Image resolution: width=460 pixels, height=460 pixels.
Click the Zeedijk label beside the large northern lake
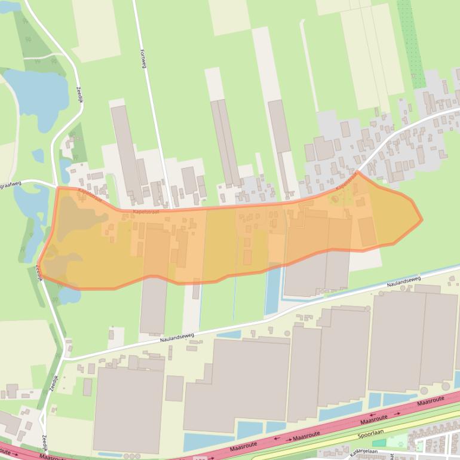[x=79, y=95]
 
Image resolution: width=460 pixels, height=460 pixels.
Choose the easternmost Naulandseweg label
[x=403, y=281]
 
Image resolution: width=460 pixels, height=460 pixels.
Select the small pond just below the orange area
[x=68, y=295]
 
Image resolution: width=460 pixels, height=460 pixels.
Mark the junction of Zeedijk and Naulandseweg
[x=64, y=360]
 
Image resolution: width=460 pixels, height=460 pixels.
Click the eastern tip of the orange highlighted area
[x=421, y=220]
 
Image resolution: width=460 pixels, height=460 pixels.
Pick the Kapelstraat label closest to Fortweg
[x=146, y=211]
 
